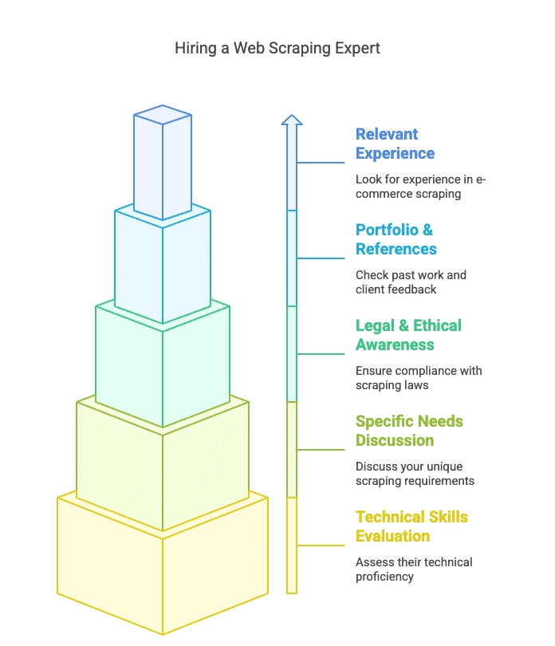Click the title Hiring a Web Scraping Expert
pyautogui.click(x=277, y=49)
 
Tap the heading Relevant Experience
pyautogui.click(x=396, y=144)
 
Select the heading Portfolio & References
pyautogui.click(x=396, y=239)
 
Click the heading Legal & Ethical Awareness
pyautogui.click(x=408, y=335)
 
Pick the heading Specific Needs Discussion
pyautogui.click(x=409, y=431)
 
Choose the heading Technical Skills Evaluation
pyautogui.click(x=411, y=526)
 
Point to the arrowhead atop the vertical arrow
pyautogui.click(x=292, y=120)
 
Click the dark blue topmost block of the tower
pyautogui.click(x=163, y=163)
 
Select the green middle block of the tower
pyautogui.click(x=163, y=367)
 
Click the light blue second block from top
pyautogui.click(x=163, y=267)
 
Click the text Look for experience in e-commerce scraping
pyautogui.click(x=420, y=187)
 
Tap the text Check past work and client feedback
pyautogui.click(x=411, y=282)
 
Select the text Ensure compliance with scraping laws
pyautogui.click(x=419, y=378)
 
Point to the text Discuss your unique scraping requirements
pyautogui.click(x=415, y=474)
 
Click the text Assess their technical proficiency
pyautogui.click(x=414, y=569)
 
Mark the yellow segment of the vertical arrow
pyautogui.click(x=292, y=546)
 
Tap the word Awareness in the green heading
pyautogui.click(x=395, y=345)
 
